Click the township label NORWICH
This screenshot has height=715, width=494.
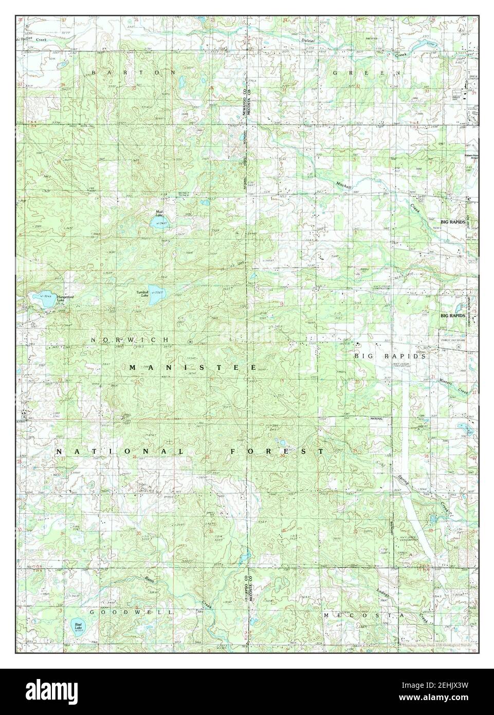(x=130, y=340)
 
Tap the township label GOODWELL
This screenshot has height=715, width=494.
(x=129, y=612)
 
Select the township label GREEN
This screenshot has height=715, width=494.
(x=366, y=74)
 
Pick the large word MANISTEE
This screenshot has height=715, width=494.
(x=193, y=367)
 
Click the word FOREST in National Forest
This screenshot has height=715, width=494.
(x=277, y=451)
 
